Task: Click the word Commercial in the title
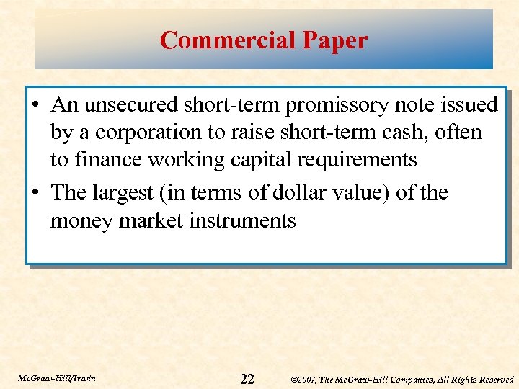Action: tap(221, 40)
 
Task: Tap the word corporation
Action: tap(136, 133)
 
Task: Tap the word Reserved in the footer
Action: tap(494, 380)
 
